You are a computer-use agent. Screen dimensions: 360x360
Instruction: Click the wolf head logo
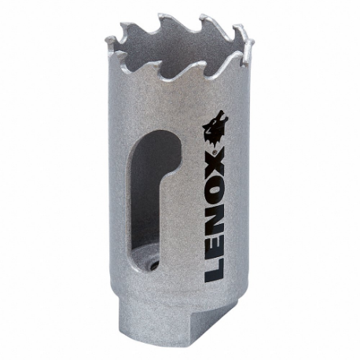pos(215,130)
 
